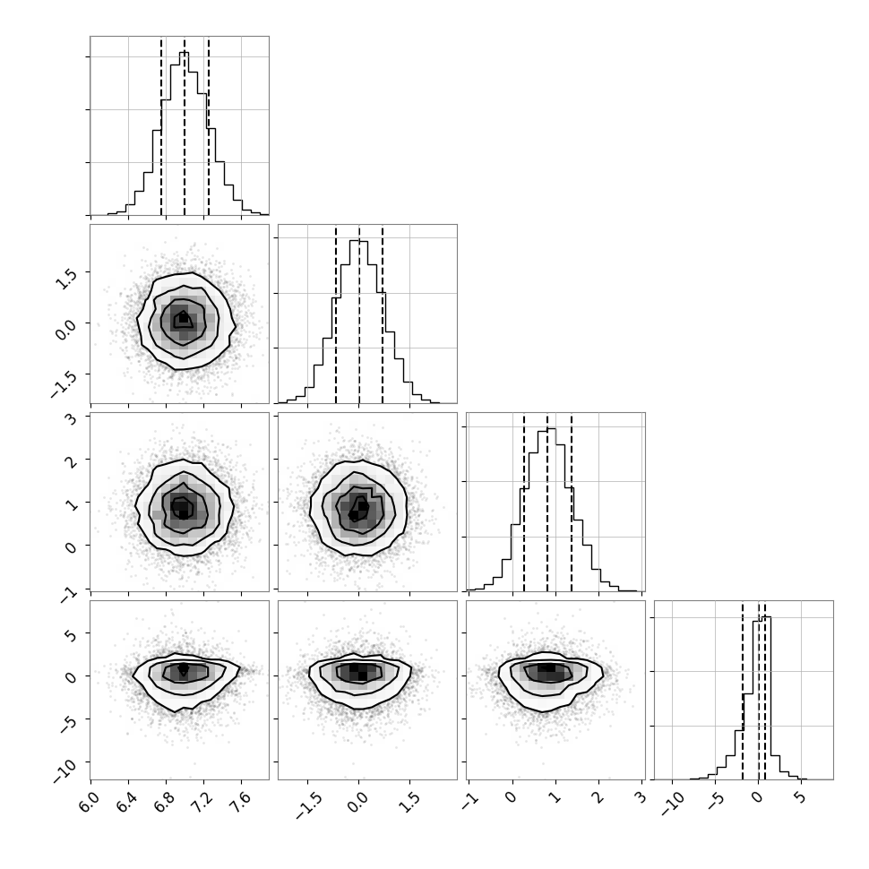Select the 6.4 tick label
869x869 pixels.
[126, 803]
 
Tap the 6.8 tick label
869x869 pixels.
[164, 803]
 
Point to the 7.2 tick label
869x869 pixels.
[202, 803]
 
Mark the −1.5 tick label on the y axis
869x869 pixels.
[64, 383]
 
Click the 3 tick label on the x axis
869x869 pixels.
[641, 798]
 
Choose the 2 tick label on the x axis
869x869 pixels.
[597, 798]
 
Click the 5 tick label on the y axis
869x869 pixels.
[71, 633]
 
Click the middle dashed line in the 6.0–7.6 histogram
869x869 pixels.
[185, 125]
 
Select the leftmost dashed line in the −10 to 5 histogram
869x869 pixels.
[743, 690]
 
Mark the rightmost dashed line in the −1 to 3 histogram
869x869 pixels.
[572, 502]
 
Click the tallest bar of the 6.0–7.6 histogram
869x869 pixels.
[185, 133]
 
